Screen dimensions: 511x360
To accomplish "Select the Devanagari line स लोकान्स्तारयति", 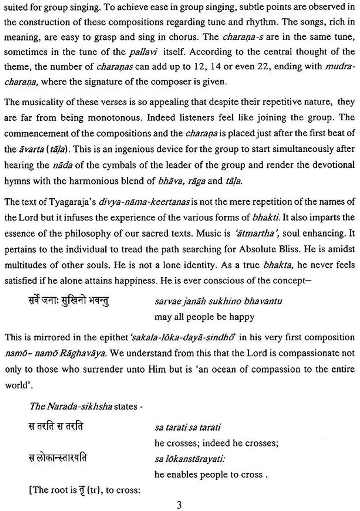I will pyautogui.click(x=57, y=458).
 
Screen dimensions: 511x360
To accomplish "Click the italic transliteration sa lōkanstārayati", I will pyautogui.click(x=190, y=459).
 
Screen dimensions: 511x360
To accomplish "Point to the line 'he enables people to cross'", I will pyautogui.click(x=209, y=475).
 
